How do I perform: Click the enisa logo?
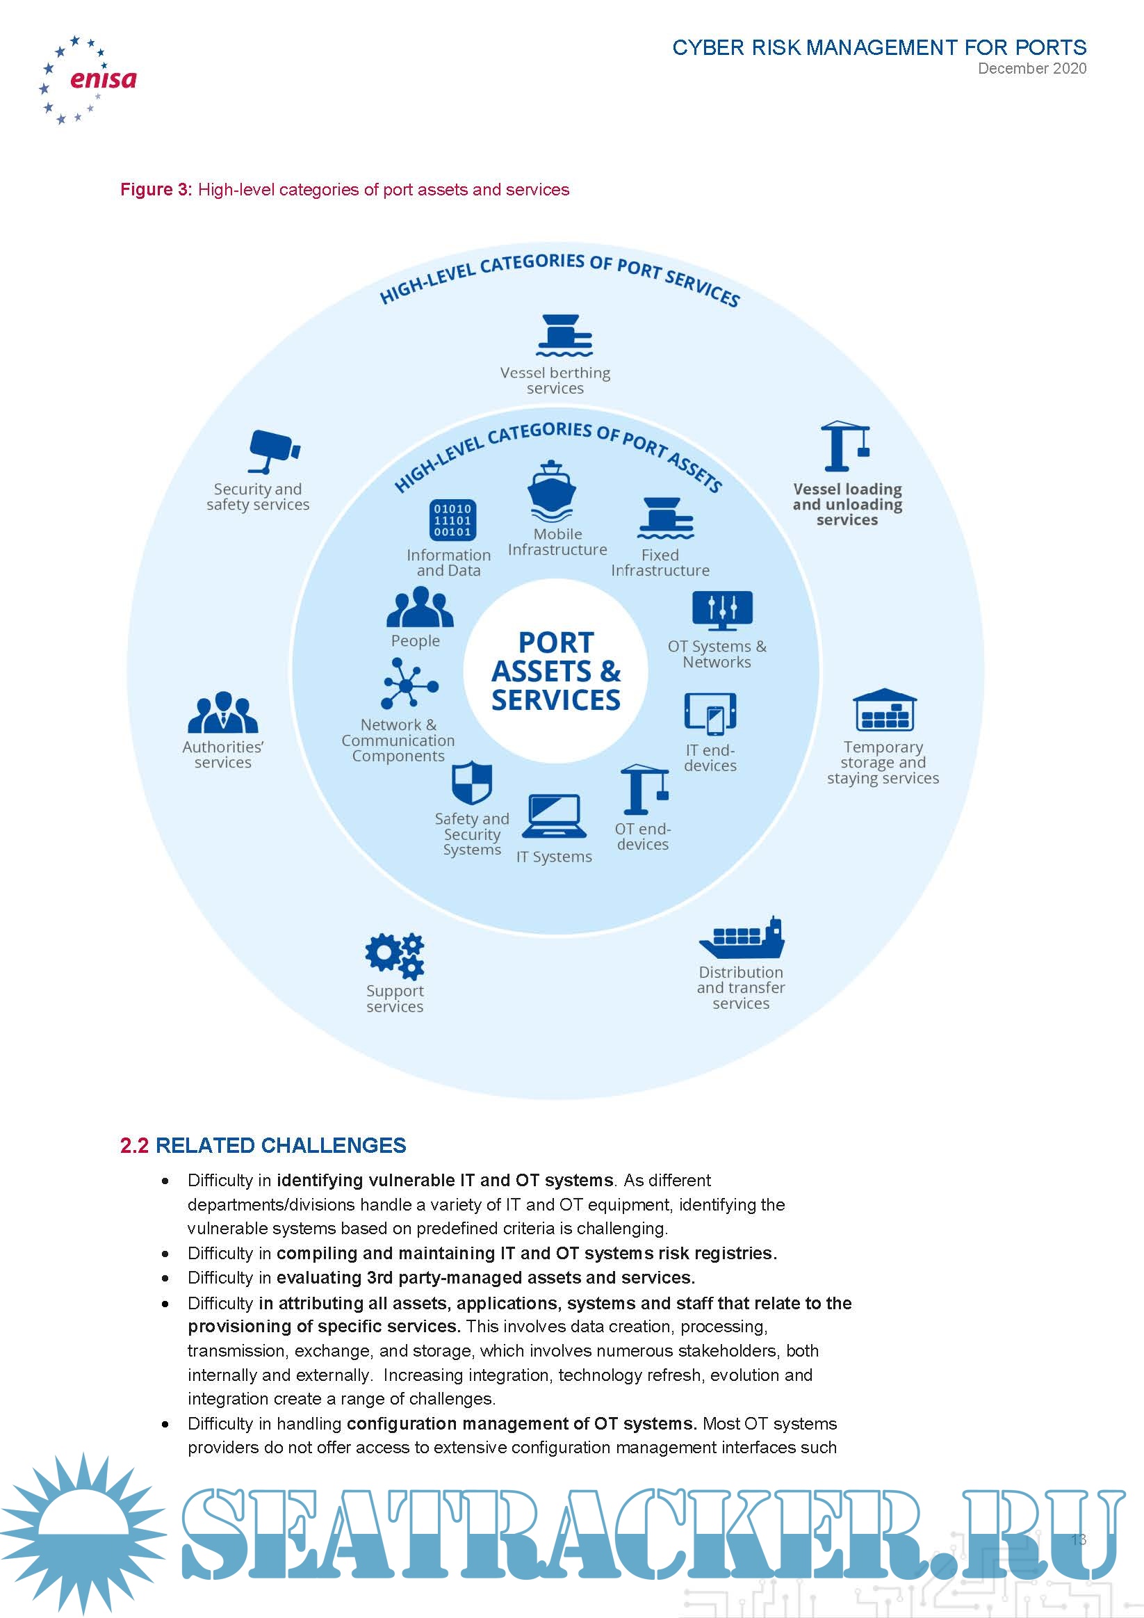pos(88,80)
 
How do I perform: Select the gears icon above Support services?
pos(395,955)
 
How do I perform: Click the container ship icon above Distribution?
pos(742,938)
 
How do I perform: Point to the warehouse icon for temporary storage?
pos(884,711)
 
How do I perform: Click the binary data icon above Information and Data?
pos(452,521)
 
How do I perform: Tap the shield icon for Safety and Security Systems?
pos(471,783)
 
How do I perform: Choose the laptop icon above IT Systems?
pos(555,817)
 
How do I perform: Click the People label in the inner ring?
pos(415,641)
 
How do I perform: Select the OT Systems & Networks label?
pos(717,654)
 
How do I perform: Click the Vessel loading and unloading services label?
pos(847,505)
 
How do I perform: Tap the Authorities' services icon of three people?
pos(222,713)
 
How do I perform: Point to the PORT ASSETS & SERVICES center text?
pos(556,672)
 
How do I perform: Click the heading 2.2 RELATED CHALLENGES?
pos(263,1145)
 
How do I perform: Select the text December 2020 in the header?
pos(1031,69)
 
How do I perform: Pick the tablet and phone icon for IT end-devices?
pos(710,713)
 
